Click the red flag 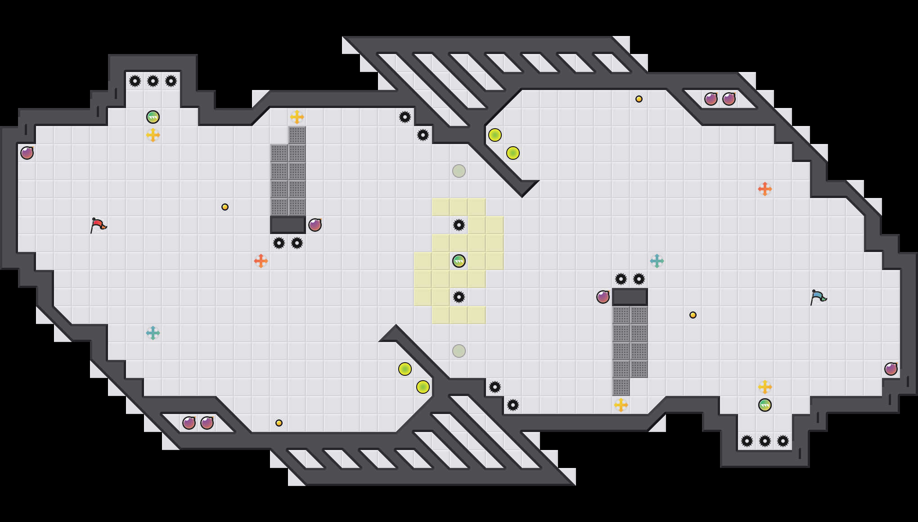coord(98,225)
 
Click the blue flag coord(818,297)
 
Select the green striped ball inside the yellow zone coord(459,261)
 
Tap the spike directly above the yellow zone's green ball coord(459,225)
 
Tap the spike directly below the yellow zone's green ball coord(459,297)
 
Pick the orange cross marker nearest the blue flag coord(765,189)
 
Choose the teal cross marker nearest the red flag coord(153,333)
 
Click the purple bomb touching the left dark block coord(315,225)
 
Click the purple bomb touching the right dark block coord(603,297)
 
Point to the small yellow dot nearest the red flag coord(225,207)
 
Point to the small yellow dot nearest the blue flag coord(693,315)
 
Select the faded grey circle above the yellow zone coord(459,171)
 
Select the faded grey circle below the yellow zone coord(459,351)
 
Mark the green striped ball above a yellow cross coord(153,117)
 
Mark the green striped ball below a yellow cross coord(765,405)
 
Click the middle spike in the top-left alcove coord(153,81)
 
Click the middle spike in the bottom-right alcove coord(765,441)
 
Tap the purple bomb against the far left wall coord(27,153)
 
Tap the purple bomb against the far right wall coord(891,369)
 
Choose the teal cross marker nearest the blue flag coord(657,261)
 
